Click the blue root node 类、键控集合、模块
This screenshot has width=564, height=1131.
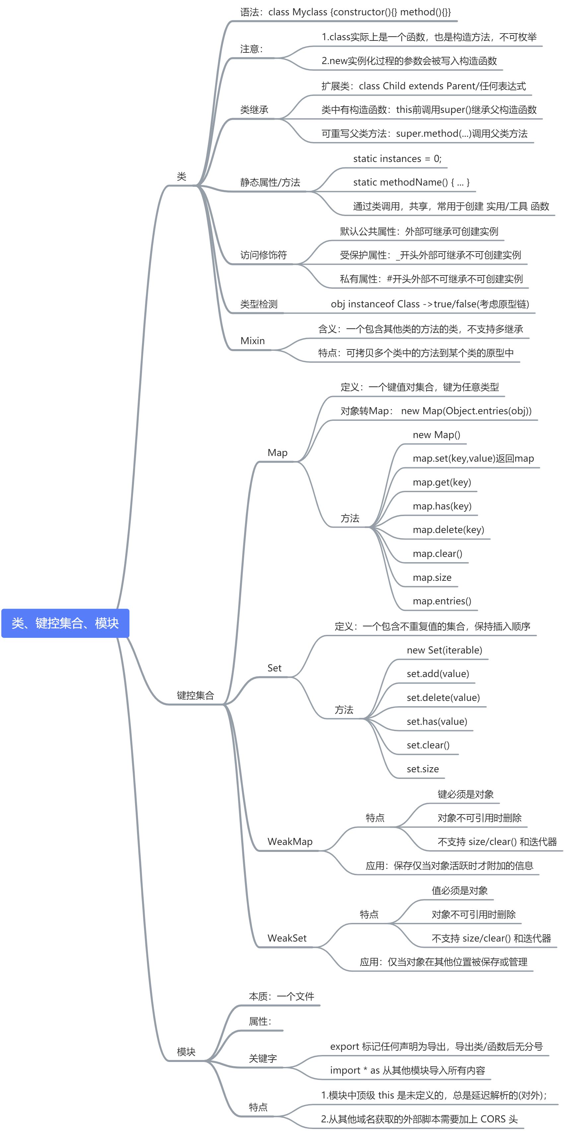(x=65, y=623)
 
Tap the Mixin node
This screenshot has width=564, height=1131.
(x=252, y=341)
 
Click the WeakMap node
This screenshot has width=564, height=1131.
(x=290, y=842)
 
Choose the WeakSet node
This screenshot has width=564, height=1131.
(x=287, y=938)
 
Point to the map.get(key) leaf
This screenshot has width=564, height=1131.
(x=442, y=482)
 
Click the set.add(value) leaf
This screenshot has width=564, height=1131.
(x=438, y=673)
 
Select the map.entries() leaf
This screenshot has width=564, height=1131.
(x=442, y=601)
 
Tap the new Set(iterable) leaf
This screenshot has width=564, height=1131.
(x=444, y=650)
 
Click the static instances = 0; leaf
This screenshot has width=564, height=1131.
(x=397, y=159)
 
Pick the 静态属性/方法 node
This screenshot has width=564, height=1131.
(x=270, y=183)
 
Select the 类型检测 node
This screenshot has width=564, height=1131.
(x=258, y=304)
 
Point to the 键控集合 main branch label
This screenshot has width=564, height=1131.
(x=195, y=695)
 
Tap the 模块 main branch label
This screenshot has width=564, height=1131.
(x=186, y=1052)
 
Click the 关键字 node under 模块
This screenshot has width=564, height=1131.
(x=262, y=1059)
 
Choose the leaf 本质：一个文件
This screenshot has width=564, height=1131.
(x=281, y=996)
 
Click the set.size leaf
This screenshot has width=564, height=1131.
(x=422, y=769)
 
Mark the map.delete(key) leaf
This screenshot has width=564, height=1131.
(x=448, y=530)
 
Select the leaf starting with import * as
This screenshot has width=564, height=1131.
(x=407, y=1070)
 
